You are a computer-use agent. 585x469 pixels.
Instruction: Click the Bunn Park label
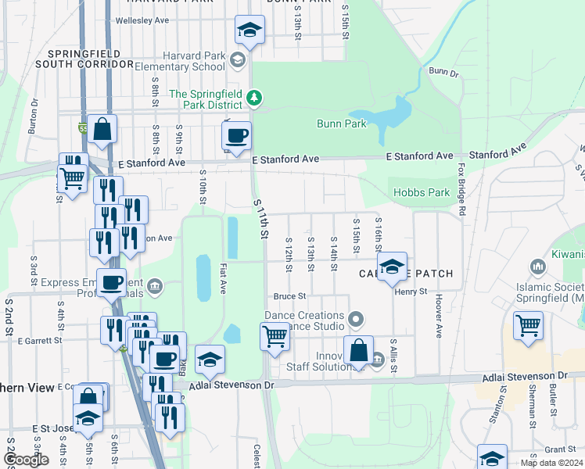[342, 124]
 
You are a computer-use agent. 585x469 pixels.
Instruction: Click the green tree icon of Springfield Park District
[253, 97]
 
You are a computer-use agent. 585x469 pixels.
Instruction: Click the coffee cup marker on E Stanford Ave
[236, 137]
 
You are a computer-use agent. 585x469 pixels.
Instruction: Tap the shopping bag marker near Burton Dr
[102, 130]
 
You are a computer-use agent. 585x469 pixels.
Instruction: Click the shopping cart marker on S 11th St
[275, 338]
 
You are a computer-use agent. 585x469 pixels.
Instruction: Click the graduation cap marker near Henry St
[392, 267]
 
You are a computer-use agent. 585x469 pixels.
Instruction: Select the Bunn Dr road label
[443, 72]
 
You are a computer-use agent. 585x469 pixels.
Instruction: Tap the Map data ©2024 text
[551, 463]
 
